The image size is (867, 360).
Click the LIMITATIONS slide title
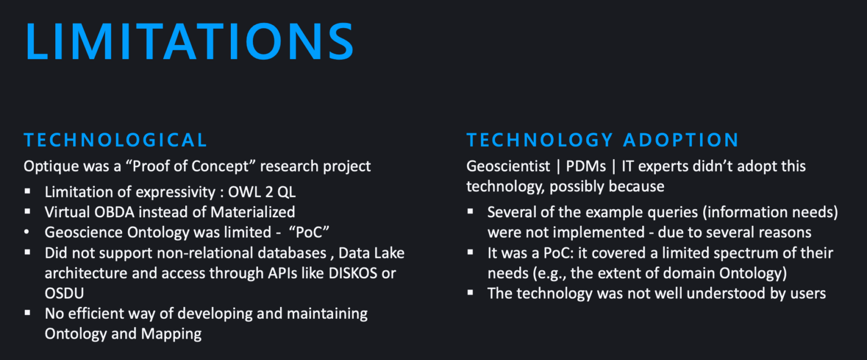pos(190,41)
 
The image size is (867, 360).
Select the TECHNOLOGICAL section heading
pos(115,140)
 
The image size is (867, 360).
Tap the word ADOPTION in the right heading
pos(681,140)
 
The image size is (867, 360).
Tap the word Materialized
pos(253,212)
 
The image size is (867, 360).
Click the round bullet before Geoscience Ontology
pos(27,232)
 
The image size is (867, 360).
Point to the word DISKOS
pos(353,273)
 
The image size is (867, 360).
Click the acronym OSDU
pos(64,293)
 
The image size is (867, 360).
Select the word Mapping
pos(171,334)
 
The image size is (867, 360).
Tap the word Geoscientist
pos(508,166)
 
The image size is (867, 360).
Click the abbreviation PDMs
pos(586,166)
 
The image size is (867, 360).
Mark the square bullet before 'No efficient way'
pos(27,313)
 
